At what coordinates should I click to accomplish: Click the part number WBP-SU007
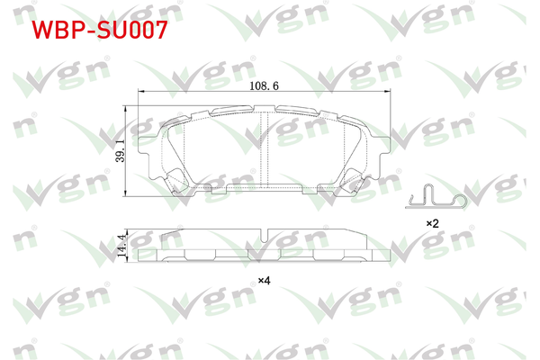tap(99, 31)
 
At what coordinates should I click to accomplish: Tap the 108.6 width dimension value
tap(263, 85)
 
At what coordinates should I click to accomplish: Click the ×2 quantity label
tap(432, 221)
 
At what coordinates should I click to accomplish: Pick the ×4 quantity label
tap(264, 281)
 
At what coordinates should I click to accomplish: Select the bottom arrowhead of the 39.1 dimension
tap(125, 193)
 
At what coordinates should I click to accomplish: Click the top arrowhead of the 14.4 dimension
tap(125, 231)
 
